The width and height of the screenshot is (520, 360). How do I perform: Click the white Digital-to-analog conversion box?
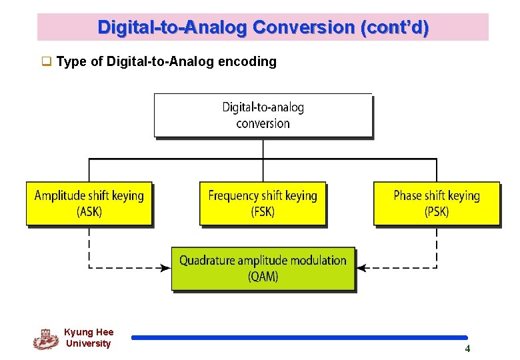263,115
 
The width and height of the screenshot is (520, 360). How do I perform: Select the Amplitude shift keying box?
89,203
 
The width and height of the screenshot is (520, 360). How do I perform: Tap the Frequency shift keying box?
263,203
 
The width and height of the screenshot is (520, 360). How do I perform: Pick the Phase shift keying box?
437,203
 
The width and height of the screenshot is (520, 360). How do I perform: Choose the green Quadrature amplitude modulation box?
263,269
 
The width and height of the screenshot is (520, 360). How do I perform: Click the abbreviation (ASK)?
89,212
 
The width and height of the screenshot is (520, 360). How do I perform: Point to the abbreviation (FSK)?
263,212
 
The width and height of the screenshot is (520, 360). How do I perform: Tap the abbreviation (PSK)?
437,212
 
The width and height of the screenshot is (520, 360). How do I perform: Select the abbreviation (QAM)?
263,277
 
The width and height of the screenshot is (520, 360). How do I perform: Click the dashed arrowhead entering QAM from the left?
165,268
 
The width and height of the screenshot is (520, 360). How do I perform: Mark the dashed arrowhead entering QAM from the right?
362,268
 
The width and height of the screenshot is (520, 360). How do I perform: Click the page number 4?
467,349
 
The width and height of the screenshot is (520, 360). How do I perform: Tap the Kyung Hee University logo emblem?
45,339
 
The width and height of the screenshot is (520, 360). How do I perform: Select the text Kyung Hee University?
89,338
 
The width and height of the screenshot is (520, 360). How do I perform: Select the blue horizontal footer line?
299,338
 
